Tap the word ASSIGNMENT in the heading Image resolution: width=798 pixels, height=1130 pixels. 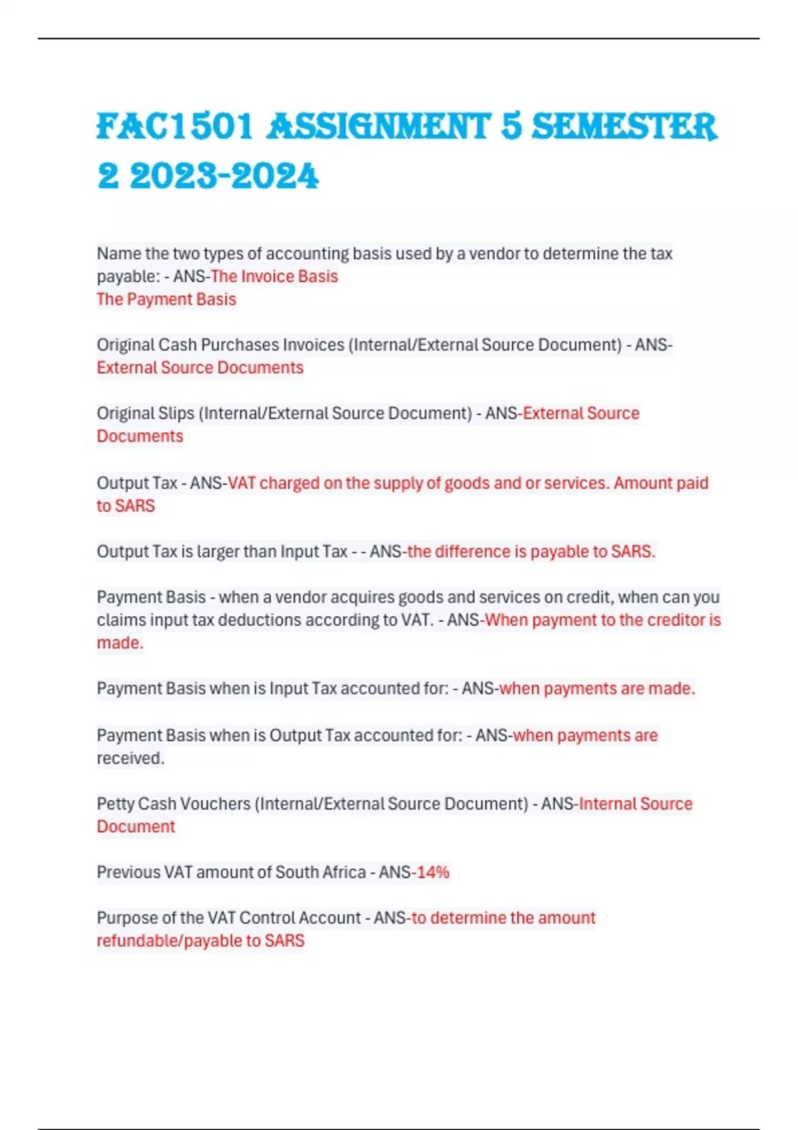click(378, 126)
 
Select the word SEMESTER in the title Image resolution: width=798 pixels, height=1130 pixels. click(624, 126)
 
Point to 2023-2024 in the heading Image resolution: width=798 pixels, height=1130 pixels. click(224, 177)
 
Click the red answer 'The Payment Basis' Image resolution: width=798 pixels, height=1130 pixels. click(166, 299)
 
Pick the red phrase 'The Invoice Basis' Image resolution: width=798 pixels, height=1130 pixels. click(274, 277)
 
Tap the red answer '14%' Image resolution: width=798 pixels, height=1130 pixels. click(433, 872)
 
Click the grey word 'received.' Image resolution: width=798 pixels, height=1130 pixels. click(130, 758)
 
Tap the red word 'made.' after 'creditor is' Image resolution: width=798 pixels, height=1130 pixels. click(120, 643)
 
